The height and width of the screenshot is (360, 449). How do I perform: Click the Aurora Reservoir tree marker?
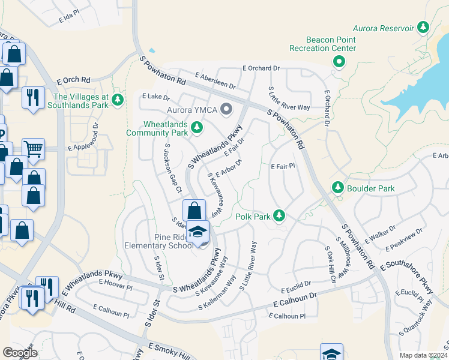pyautogui.click(x=424, y=28)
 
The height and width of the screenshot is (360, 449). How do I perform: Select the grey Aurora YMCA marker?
pyautogui.click(x=226, y=109)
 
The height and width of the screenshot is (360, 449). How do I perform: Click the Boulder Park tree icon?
pyautogui.click(x=337, y=188)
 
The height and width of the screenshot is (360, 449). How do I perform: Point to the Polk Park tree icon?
pyautogui.click(x=279, y=215)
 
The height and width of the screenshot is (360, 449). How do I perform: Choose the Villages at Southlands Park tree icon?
pyautogui.click(x=118, y=100)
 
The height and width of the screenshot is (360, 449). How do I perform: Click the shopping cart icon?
pyautogui.click(x=34, y=148)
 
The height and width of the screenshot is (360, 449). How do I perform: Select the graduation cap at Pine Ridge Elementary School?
pyautogui.click(x=197, y=232)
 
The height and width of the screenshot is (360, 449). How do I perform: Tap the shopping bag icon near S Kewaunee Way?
pyautogui.click(x=194, y=211)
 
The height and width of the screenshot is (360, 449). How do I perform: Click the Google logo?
pyautogui.click(x=20, y=353)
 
